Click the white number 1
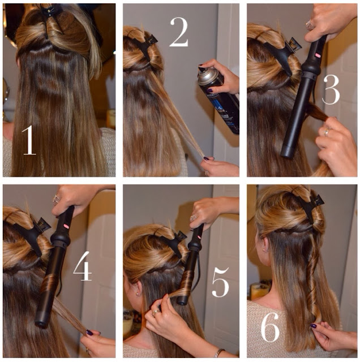point(29,140)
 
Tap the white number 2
point(179,32)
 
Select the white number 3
point(331,89)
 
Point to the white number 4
point(83,266)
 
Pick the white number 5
point(220,282)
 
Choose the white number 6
point(270,327)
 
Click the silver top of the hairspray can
point(207,76)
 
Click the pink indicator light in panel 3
point(318,55)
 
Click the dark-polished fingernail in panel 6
point(314,326)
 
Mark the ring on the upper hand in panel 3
point(309,24)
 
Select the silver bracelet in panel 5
point(218,352)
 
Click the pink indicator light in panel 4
point(66,226)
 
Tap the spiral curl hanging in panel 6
point(312,282)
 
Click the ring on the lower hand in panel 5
point(156,312)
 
